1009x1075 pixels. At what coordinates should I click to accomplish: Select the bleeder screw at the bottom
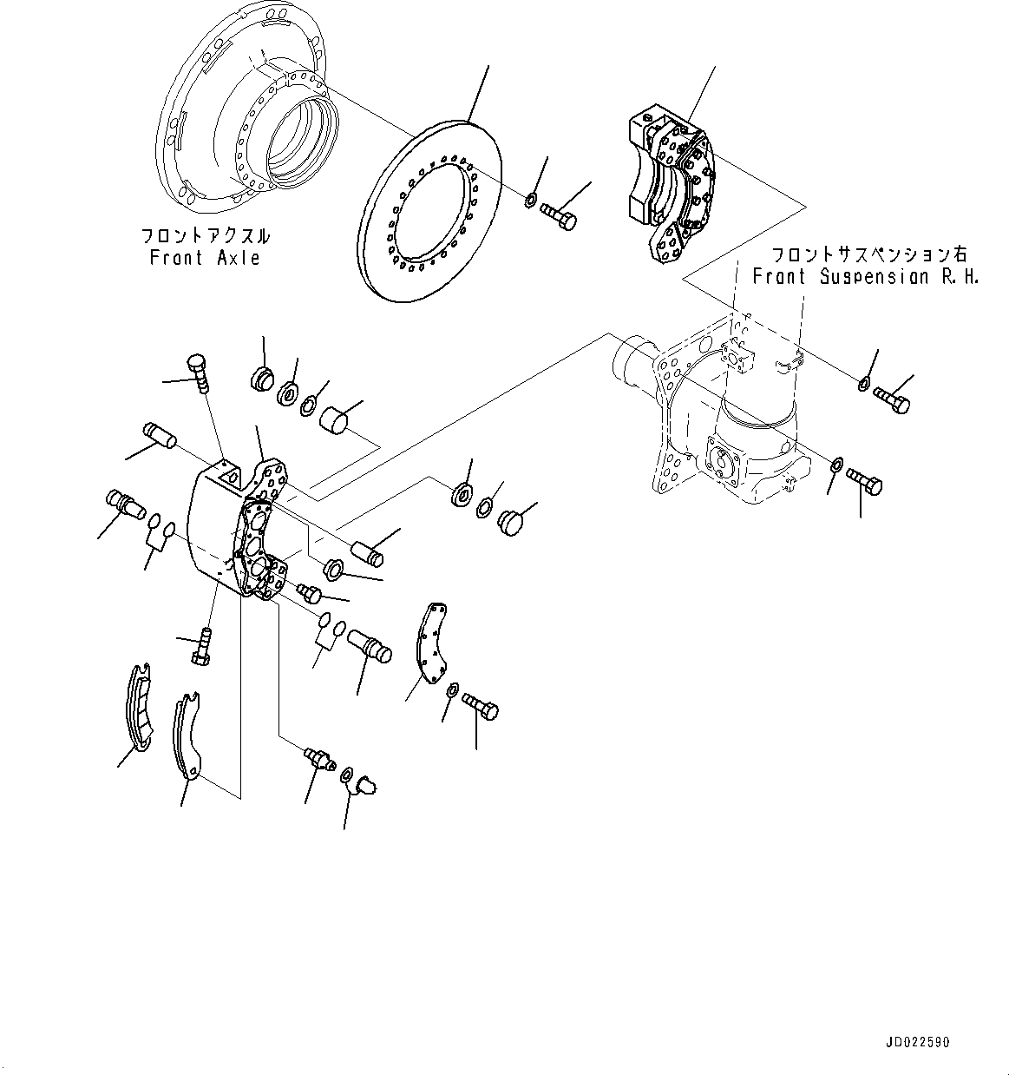pyautogui.click(x=318, y=759)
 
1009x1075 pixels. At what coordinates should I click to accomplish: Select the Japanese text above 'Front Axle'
pyautogui.click(x=205, y=235)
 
